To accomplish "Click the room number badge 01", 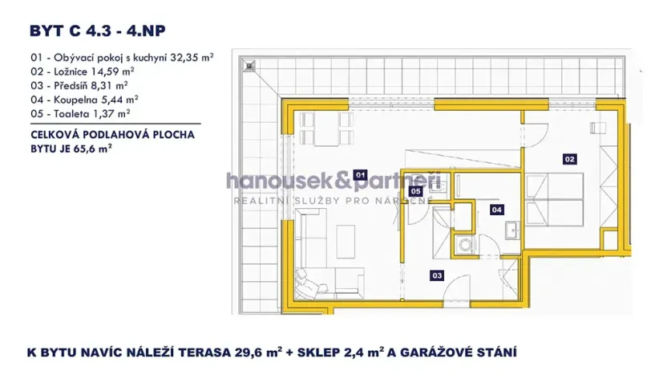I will (x=360, y=174).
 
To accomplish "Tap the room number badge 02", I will (x=570, y=159).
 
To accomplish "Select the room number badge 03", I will (x=437, y=275).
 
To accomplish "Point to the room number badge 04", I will (x=496, y=210).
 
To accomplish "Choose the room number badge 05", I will (x=416, y=191).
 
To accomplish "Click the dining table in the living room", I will (x=330, y=124).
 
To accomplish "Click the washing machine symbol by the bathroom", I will (x=463, y=246).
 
